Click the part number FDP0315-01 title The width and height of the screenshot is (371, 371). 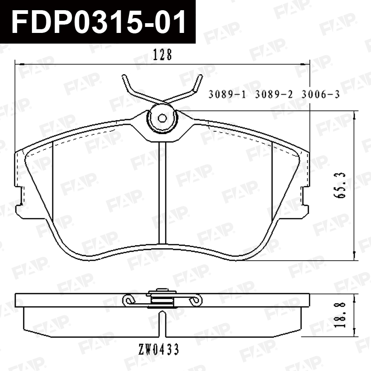tap(98, 22)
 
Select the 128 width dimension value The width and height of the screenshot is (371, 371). tap(162, 55)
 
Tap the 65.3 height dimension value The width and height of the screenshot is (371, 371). tap(340, 185)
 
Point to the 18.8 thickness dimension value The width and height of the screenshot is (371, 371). tap(340, 314)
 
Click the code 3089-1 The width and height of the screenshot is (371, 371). tap(227, 95)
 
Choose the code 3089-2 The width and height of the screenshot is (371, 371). tap(274, 95)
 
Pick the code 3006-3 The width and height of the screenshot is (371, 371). tap(320, 95)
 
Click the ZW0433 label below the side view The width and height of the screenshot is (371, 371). tap(159, 349)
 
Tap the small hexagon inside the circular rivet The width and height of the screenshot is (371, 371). tap(162, 118)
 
